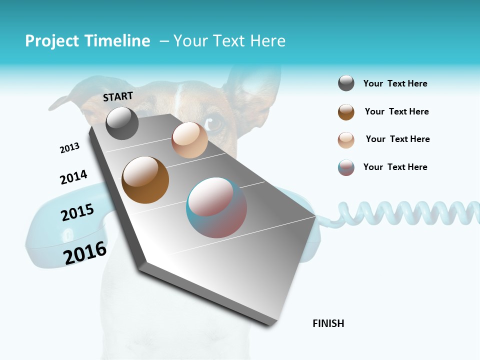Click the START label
click(118, 96)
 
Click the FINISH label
click(328, 323)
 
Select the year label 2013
click(69, 148)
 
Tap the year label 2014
click(73, 177)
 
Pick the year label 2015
click(77, 212)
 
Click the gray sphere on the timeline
click(122, 123)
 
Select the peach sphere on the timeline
click(189, 140)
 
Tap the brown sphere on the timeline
click(145, 180)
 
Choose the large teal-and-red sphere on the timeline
click(216, 207)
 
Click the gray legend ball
click(346, 83)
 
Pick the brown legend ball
click(346, 112)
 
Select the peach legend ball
click(346, 140)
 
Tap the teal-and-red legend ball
click(346, 167)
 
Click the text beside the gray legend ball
click(395, 84)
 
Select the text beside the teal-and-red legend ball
click(395, 167)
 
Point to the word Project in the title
click(52, 41)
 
